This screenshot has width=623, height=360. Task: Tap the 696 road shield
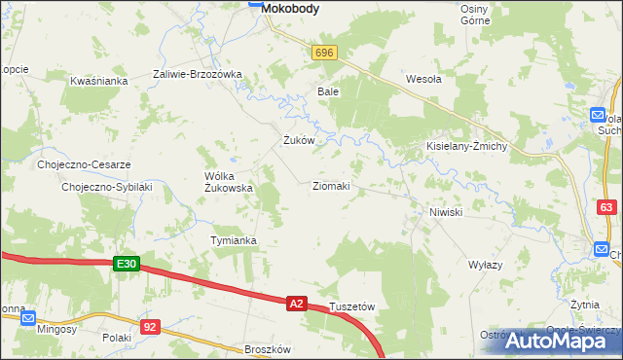325,53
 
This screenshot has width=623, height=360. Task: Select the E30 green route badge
127,264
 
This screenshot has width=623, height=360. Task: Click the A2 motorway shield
298,304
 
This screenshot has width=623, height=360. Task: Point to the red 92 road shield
149,328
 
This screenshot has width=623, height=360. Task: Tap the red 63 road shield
606,207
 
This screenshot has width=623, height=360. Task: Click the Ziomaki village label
331,185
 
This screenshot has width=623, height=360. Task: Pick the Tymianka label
234,240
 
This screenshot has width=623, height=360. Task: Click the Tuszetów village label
351,306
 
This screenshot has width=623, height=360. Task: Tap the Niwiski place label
445,211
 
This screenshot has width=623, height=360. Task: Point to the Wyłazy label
485,265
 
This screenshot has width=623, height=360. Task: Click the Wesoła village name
423,80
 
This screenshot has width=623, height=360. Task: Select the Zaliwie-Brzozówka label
197,74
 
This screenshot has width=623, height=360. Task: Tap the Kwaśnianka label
99,81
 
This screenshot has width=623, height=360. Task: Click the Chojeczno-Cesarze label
84,164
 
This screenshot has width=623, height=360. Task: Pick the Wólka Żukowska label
228,182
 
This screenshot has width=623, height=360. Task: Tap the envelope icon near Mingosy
28,317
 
